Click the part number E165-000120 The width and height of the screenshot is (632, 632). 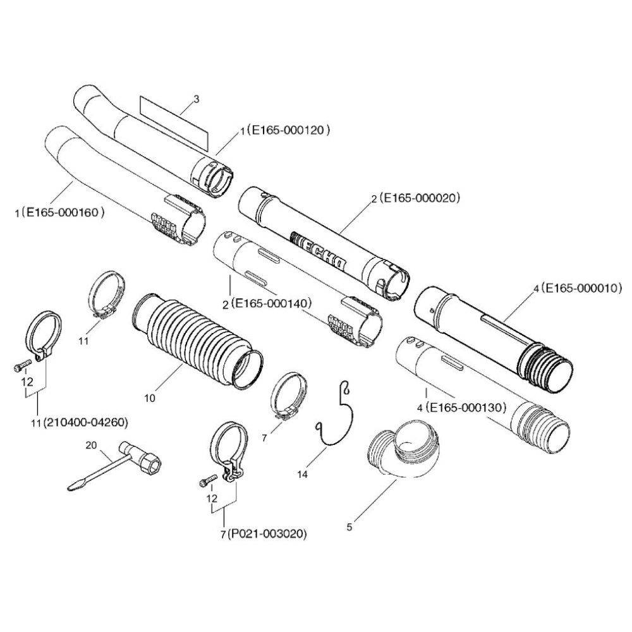click(x=290, y=131)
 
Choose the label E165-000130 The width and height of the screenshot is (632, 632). click(x=466, y=408)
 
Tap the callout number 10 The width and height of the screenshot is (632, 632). click(x=150, y=398)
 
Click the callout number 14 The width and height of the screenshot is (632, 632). click(x=307, y=472)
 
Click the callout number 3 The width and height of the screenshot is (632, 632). click(x=196, y=99)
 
